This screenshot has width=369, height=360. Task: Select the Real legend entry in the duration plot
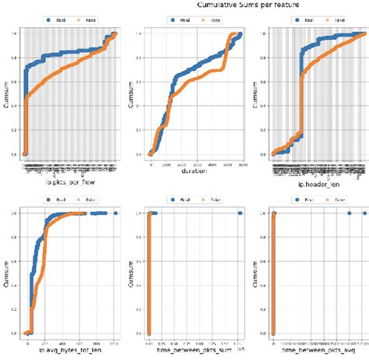[x=178, y=16]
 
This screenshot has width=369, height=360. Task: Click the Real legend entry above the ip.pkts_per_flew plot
[x=55, y=16]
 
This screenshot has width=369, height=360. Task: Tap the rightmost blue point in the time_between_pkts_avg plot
[x=362, y=213]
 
